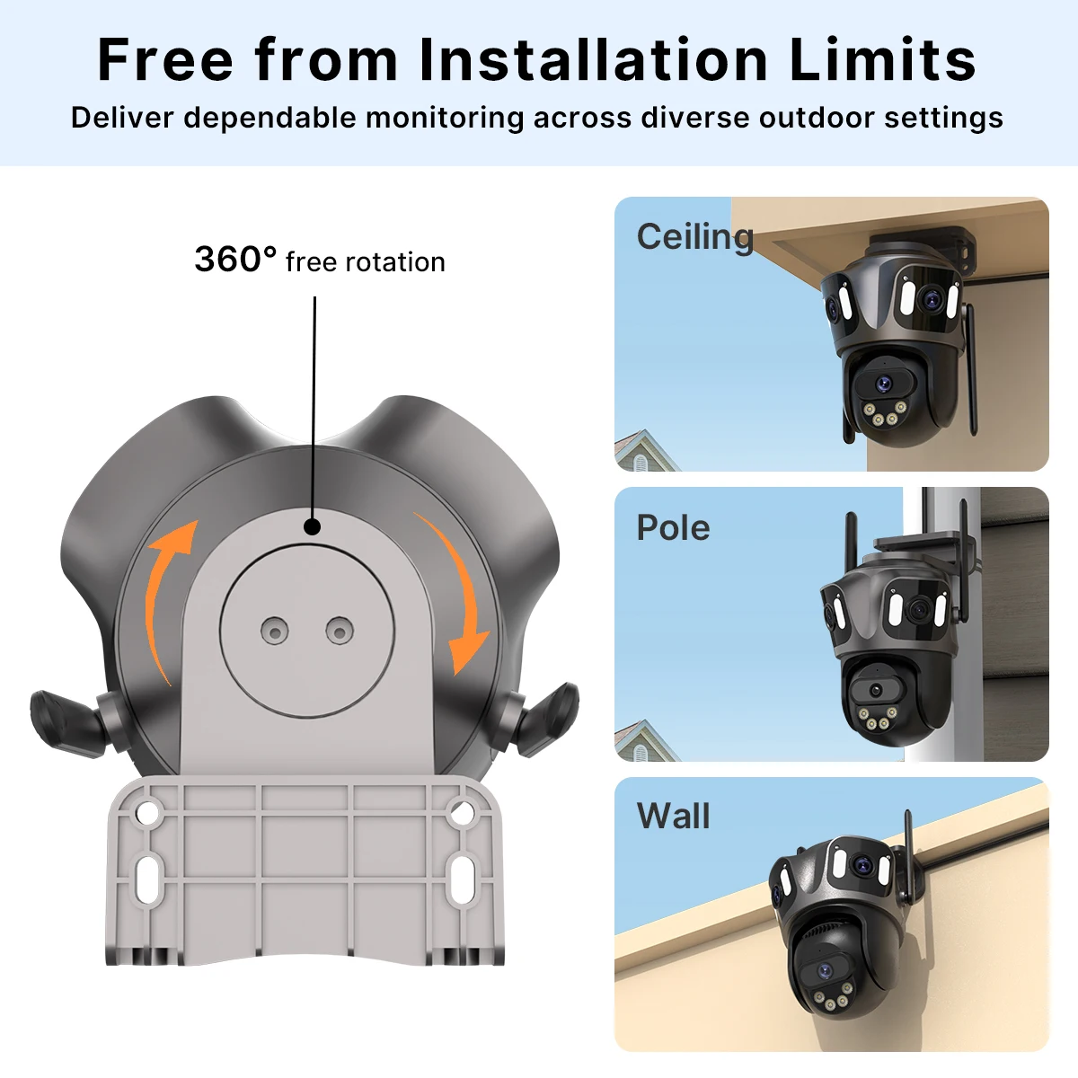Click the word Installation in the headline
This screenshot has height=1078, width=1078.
tap(594, 59)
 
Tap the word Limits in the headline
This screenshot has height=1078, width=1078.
tap(882, 59)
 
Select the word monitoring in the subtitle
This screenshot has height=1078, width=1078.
tap(445, 119)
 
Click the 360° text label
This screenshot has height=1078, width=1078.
tap(235, 259)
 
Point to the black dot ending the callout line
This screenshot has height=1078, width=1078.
tap(312, 527)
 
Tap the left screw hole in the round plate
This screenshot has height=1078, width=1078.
tap(275, 632)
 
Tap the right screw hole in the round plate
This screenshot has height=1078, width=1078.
tap(340, 631)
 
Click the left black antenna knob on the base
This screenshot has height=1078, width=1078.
tap(69, 724)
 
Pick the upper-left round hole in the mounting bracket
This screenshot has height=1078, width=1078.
tap(147, 812)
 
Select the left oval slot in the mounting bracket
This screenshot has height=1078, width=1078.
tap(147, 879)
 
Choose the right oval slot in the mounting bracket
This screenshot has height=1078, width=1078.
tap(463, 879)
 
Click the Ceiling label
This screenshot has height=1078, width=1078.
tap(694, 236)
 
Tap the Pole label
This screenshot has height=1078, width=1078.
tap(673, 527)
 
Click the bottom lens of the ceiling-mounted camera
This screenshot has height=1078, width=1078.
tap(884, 384)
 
